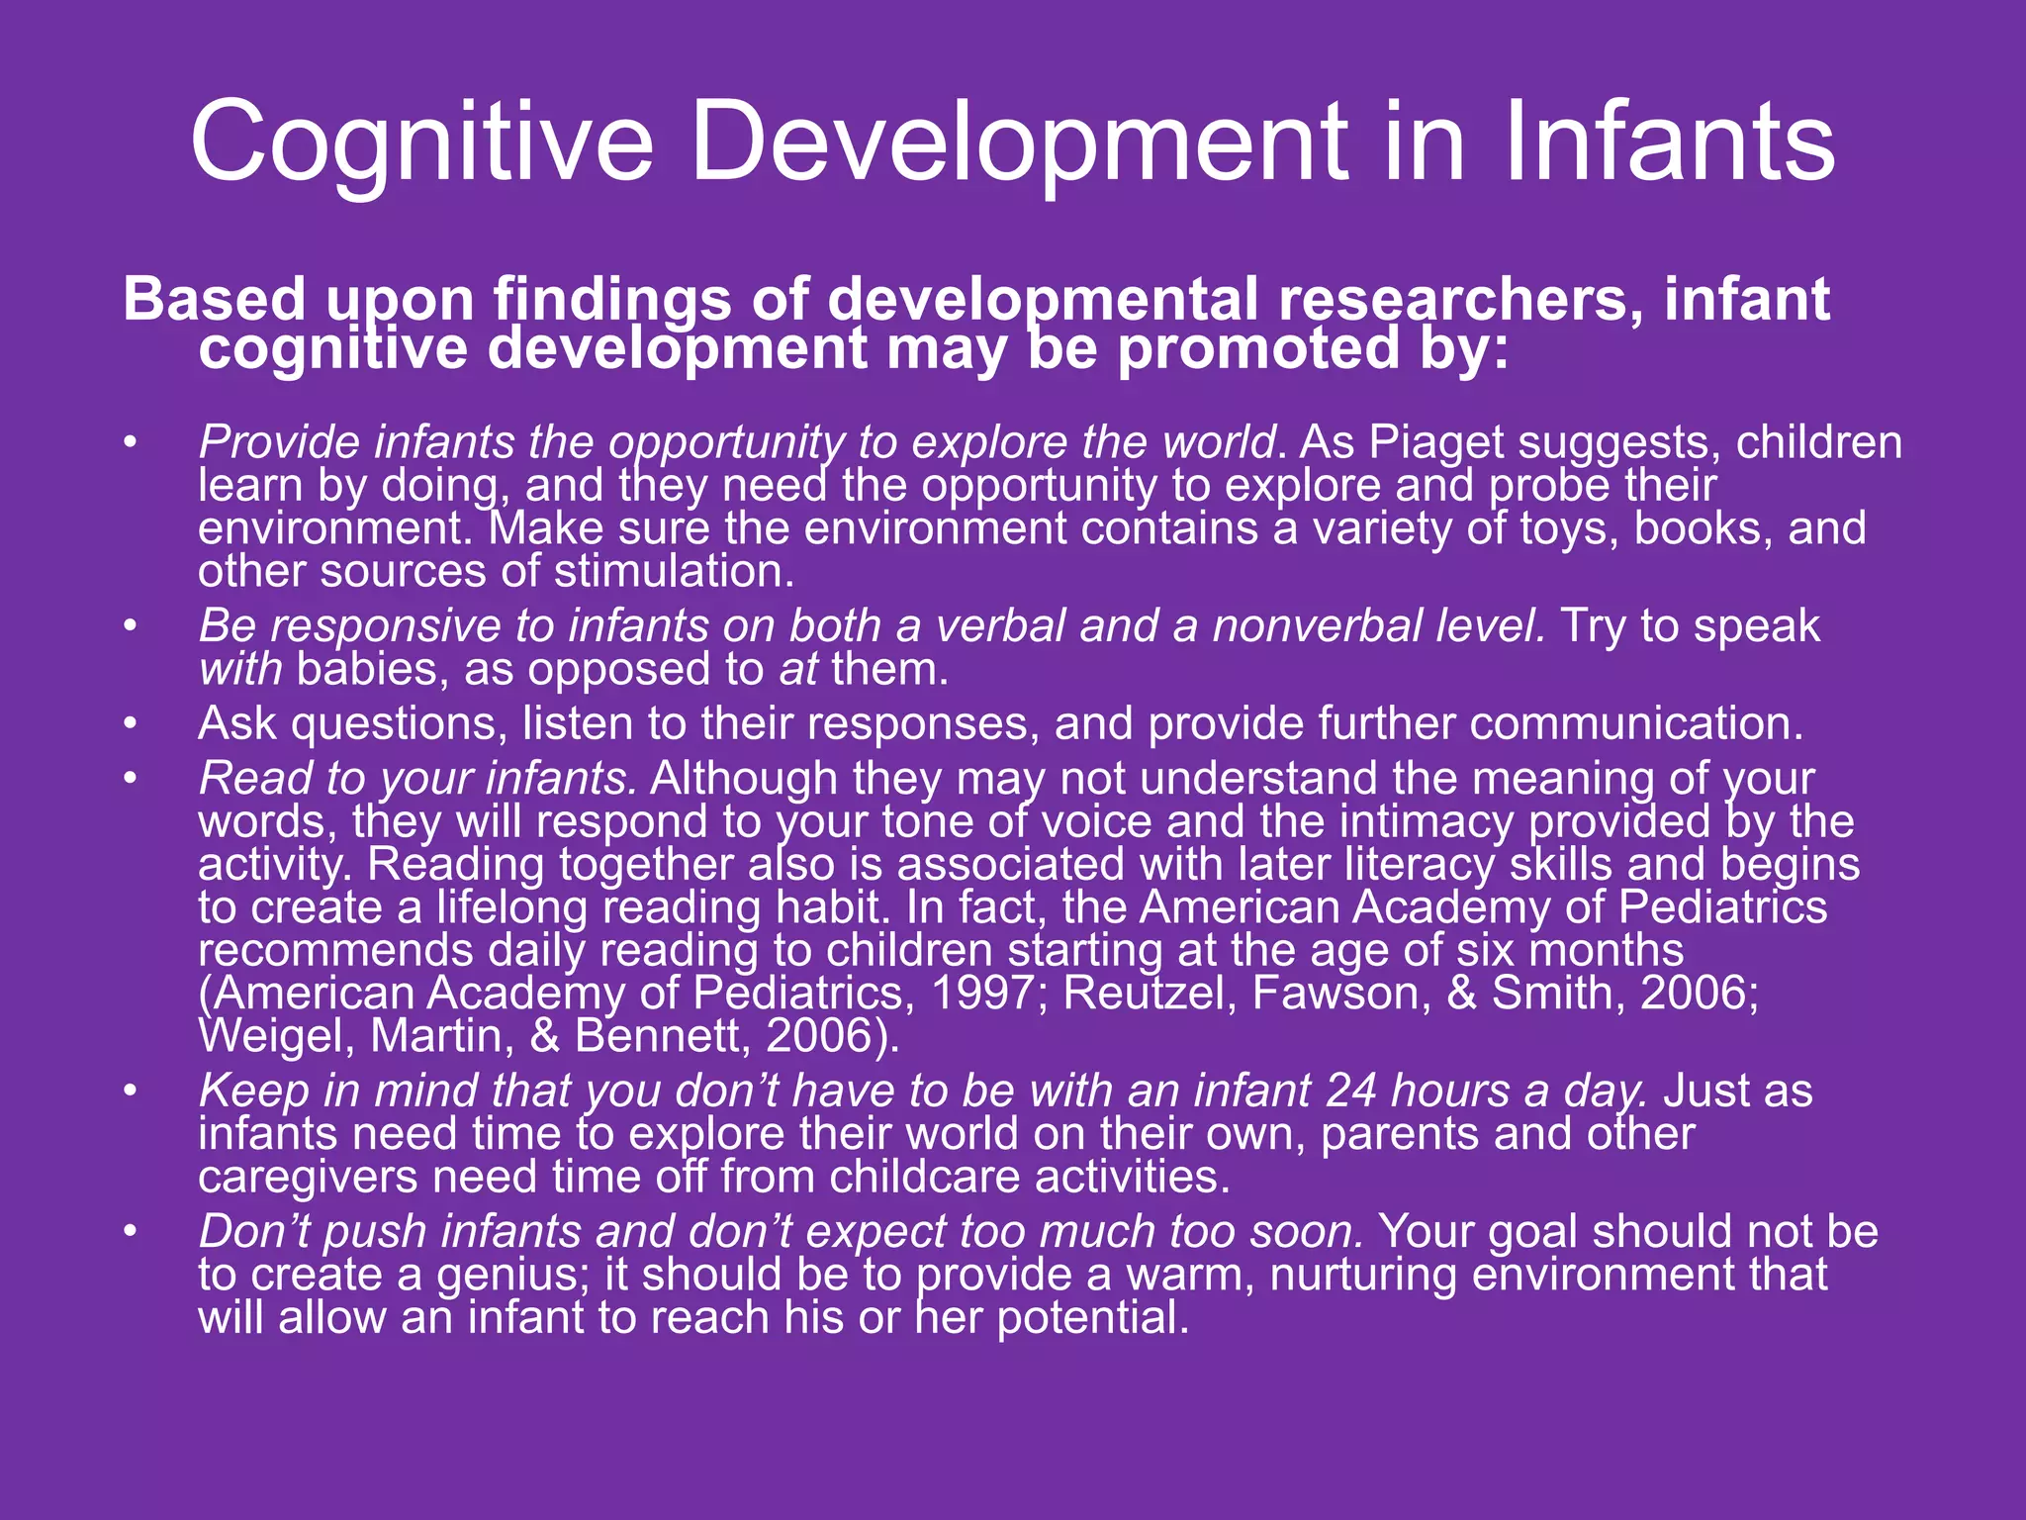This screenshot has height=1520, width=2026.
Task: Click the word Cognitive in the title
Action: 421,143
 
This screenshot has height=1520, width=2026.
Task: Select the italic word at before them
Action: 798,670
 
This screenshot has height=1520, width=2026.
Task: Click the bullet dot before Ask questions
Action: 130,724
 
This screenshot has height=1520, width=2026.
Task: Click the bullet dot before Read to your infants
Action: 130,779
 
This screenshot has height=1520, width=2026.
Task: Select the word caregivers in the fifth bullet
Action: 308,1177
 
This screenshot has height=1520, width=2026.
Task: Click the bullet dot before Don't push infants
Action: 130,1232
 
